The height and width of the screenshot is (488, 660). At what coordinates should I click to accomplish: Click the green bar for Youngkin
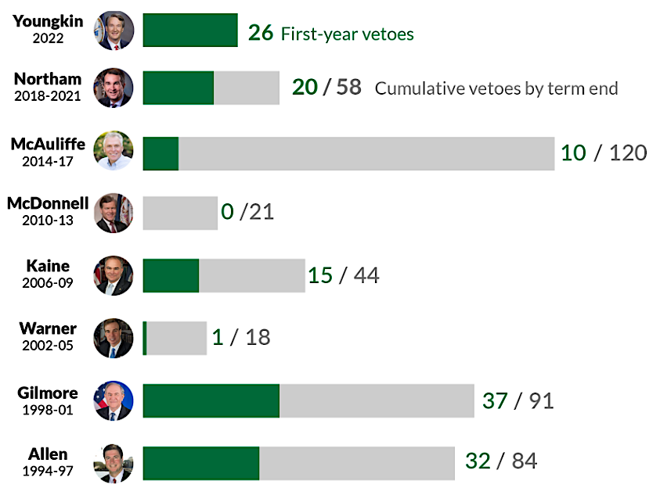[190, 30]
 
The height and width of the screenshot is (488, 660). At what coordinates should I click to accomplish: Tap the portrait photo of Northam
[114, 87]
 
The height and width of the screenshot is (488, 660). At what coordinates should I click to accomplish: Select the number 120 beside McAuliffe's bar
[628, 152]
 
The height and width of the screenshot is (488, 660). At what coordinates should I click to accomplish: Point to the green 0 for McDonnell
[227, 212]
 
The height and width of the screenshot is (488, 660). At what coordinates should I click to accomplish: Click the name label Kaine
[48, 266]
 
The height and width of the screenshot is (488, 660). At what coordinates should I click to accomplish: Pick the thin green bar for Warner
[145, 338]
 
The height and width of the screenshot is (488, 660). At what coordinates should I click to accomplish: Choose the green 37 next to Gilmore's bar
[494, 400]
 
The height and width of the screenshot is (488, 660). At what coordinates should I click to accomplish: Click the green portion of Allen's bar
[200, 463]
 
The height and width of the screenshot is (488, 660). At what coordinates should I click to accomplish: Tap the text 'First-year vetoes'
[347, 34]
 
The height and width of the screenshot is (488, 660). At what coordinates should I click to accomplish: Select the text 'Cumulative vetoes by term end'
[496, 88]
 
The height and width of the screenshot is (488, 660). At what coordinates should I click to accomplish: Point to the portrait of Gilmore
[114, 400]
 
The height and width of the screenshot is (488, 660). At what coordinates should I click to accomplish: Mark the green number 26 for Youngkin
[260, 33]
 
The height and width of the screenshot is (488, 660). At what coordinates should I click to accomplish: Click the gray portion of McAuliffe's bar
[366, 153]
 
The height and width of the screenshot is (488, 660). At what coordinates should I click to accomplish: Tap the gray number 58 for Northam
[348, 87]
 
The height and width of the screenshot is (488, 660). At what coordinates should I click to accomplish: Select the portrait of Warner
[114, 338]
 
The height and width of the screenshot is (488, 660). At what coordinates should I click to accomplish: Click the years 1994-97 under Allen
[48, 471]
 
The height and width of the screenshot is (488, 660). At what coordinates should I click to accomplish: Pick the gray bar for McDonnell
[180, 213]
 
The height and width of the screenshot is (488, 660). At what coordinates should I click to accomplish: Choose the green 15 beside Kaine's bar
[320, 275]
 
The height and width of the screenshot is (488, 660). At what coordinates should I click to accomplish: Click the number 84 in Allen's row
[524, 461]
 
